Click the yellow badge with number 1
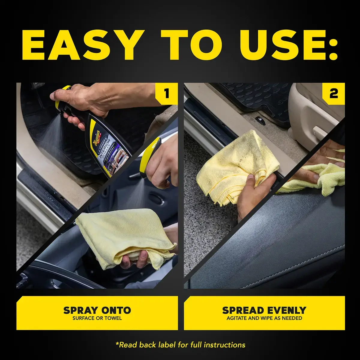[167, 94]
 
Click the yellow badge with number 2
[333, 94]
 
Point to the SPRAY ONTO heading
[97, 310]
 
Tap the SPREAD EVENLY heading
[264, 310]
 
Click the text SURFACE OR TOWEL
[97, 318]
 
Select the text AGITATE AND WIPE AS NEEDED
[264, 318]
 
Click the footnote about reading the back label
[180, 345]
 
